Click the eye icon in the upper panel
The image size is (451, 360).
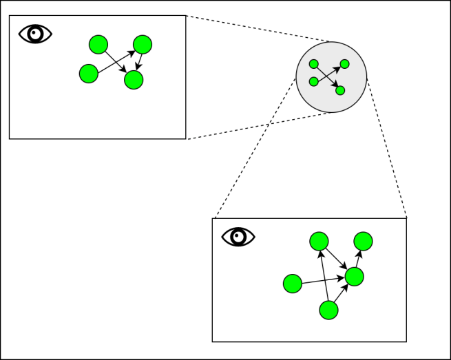(35, 34)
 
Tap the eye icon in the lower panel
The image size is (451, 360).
(238, 237)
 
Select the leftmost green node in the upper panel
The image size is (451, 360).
(89, 73)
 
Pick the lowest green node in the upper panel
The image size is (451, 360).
(134, 80)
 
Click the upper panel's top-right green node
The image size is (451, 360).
(143, 45)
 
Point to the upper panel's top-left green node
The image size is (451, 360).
(98, 45)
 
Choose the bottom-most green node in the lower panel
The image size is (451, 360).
(329, 310)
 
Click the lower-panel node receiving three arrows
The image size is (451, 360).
(354, 277)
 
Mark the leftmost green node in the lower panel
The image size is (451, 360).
(293, 283)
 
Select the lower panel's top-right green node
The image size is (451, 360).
(363, 241)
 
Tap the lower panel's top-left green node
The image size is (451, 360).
(319, 241)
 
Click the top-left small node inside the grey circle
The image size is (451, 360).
(314, 64)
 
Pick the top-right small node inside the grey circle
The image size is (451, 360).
(344, 64)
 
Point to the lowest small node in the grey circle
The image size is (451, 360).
(340, 90)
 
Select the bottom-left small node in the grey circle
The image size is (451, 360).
(314, 81)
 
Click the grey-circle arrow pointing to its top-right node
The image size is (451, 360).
(328, 73)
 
